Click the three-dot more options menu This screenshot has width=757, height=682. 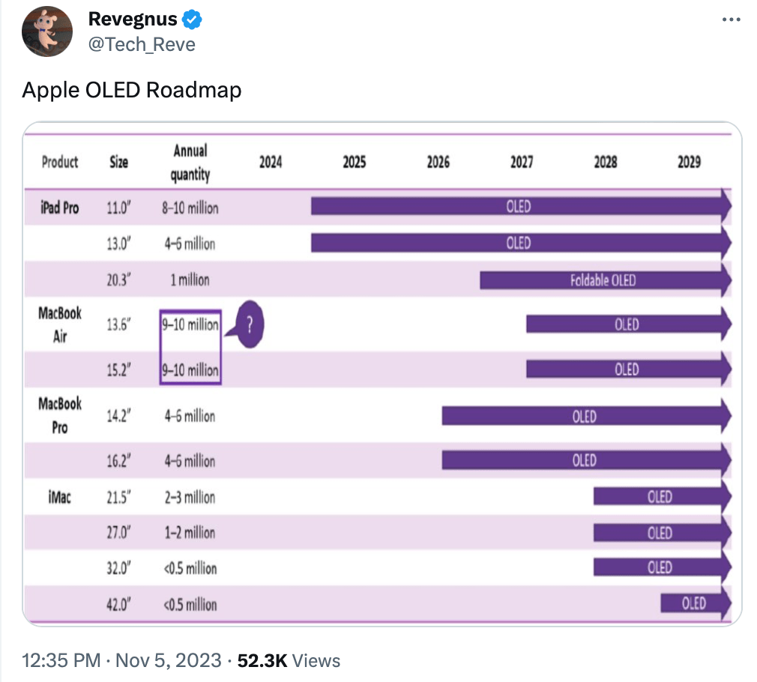point(731,20)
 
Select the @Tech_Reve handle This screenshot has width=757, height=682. point(142,44)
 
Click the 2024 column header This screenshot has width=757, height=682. point(271,162)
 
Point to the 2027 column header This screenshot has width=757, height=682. point(522,162)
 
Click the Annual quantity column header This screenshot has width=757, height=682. point(190,163)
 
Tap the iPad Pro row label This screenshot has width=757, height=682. point(60,207)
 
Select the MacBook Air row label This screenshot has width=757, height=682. point(60,325)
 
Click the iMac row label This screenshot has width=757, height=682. point(59,496)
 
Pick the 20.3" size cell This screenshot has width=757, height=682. point(119,280)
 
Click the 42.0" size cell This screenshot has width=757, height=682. point(119,605)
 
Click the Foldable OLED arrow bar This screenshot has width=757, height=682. point(603,280)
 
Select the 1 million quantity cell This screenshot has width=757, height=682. point(190,280)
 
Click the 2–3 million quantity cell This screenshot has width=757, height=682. point(190,497)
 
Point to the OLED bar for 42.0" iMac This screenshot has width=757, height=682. point(693,604)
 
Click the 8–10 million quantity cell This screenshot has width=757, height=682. point(190,208)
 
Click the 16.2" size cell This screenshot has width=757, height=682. point(119,460)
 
